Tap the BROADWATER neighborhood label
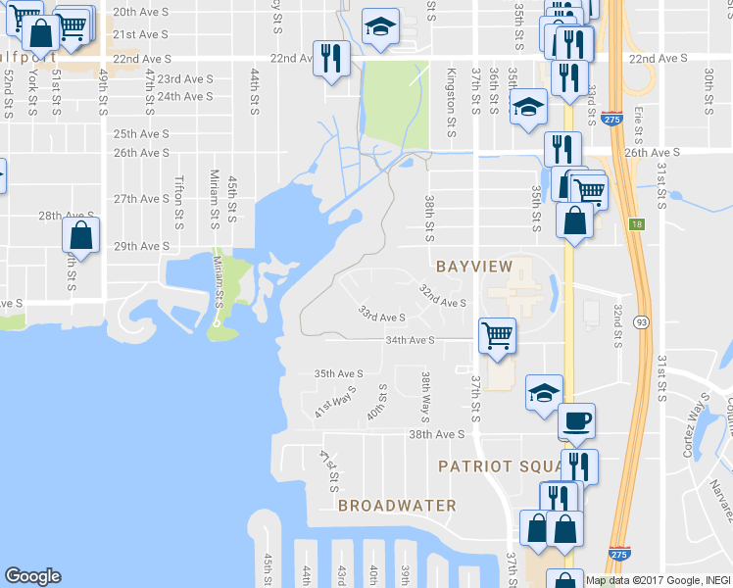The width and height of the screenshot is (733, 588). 397,506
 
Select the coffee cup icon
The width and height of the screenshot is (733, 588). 576,421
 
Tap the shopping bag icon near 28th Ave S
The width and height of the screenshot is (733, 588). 80,235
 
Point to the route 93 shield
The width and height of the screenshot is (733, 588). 641,320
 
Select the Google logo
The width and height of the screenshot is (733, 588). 33,576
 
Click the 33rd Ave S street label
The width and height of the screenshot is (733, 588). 381,316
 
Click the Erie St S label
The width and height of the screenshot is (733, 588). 638,124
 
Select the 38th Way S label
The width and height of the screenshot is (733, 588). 426,392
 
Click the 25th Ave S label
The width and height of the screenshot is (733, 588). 142,133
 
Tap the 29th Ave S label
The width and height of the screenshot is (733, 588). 142,246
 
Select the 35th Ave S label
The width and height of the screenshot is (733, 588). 338,373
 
